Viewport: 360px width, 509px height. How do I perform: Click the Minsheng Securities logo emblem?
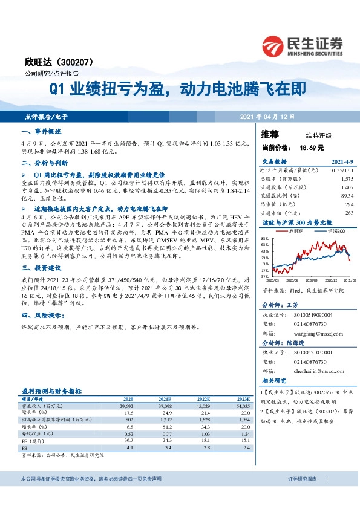click(x=275, y=46)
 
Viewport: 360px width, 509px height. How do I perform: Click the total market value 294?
click(x=348, y=204)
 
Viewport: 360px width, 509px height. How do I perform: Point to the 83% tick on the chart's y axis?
click(x=264, y=239)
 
